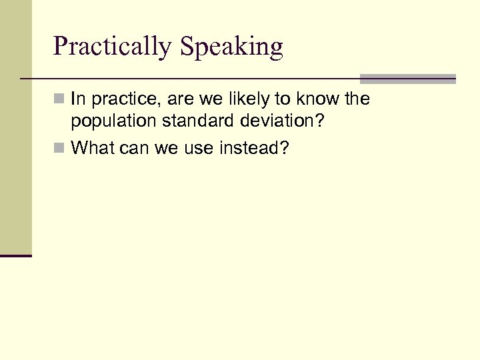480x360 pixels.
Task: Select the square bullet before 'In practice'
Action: click(x=59, y=100)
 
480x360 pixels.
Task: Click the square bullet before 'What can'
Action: click(x=59, y=148)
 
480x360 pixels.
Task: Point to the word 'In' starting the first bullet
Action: click(x=77, y=99)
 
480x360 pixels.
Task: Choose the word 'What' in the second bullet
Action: click(x=93, y=147)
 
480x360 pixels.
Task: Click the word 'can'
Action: click(x=135, y=148)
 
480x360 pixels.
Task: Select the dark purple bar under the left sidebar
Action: click(x=16, y=255)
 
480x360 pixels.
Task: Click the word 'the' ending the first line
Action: click(x=355, y=99)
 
